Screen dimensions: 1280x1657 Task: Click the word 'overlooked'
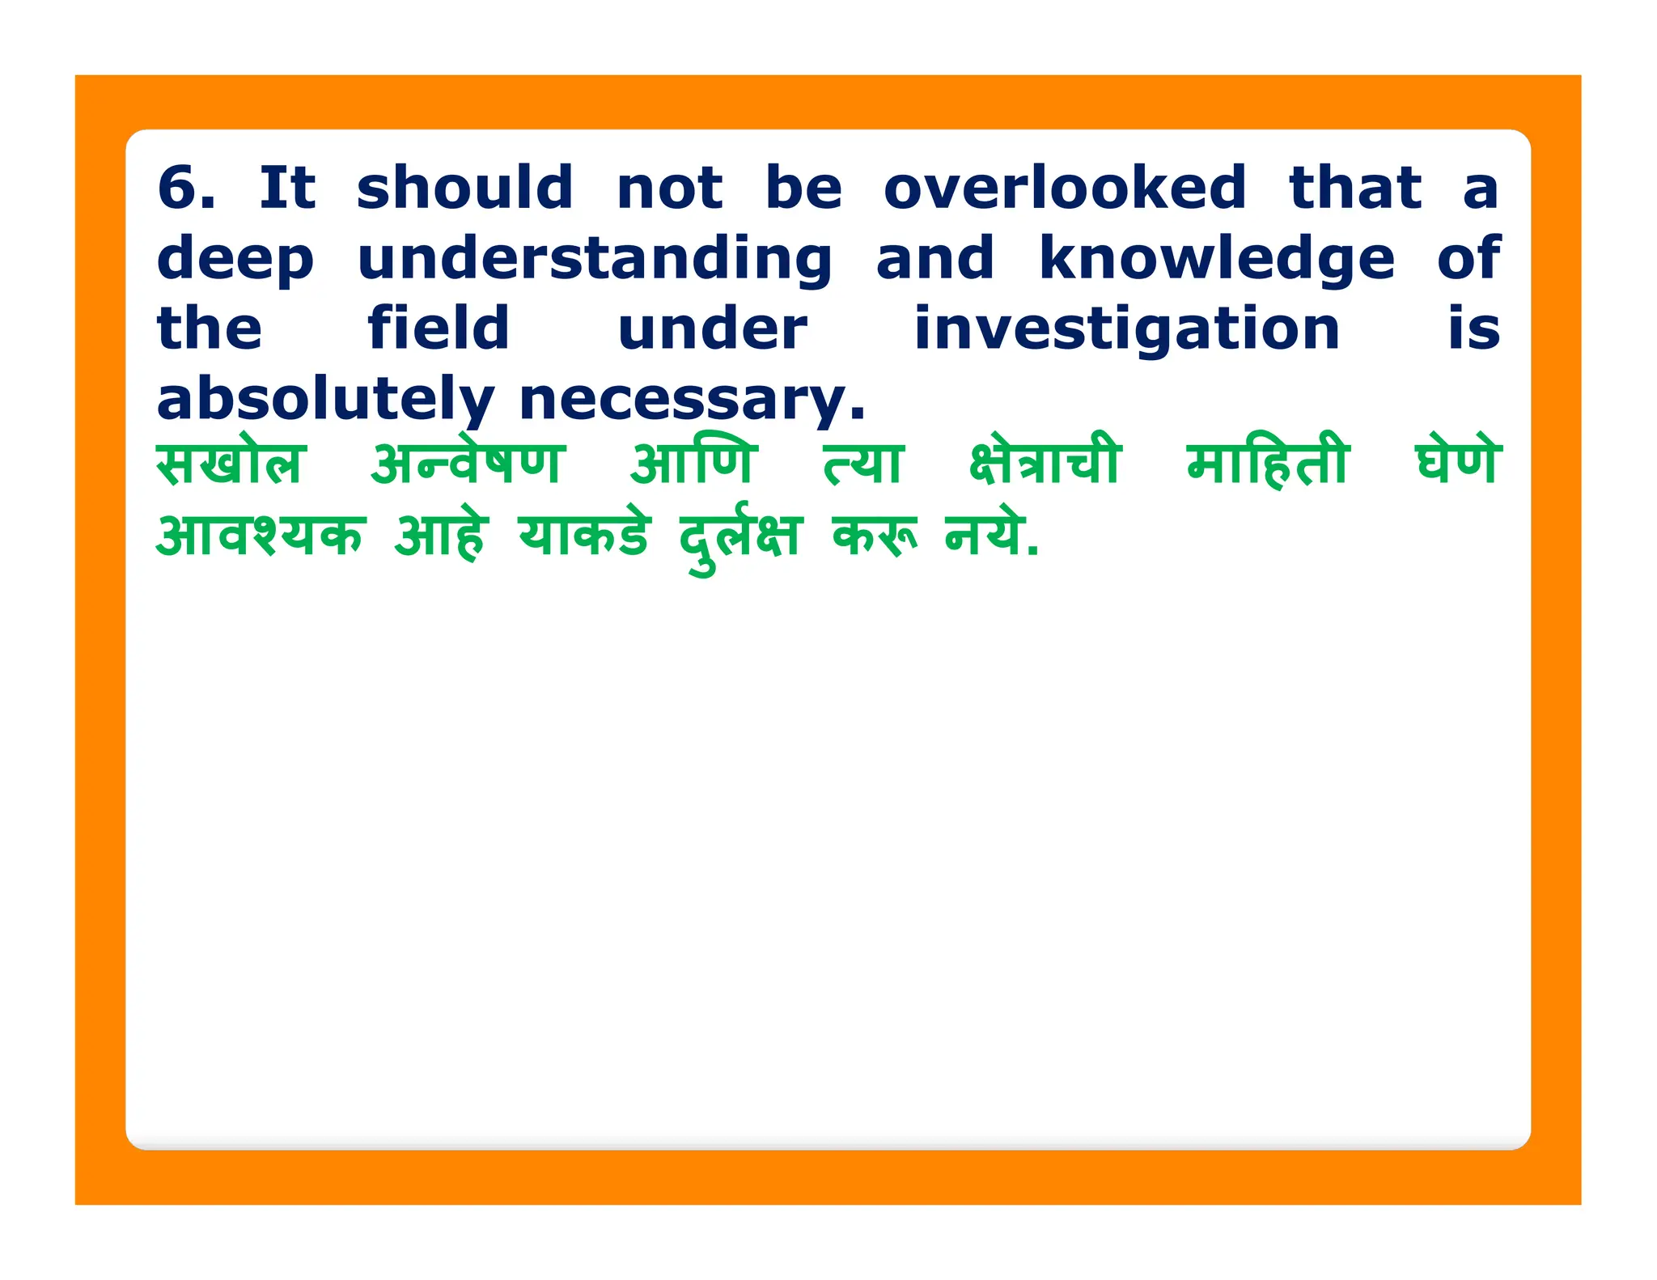coord(1064,188)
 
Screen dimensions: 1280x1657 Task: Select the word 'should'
coord(464,188)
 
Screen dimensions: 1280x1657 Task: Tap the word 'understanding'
coord(595,259)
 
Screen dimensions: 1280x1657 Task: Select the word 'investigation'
coord(1126,330)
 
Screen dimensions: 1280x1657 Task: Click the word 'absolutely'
coord(324,400)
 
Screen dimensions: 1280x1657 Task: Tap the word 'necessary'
coord(692,400)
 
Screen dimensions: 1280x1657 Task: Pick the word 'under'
coord(711,328)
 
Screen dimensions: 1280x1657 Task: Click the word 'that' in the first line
coord(1354,188)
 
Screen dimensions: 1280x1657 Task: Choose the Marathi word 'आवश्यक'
coord(261,536)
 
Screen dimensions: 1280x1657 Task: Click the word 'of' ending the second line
coord(1468,259)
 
